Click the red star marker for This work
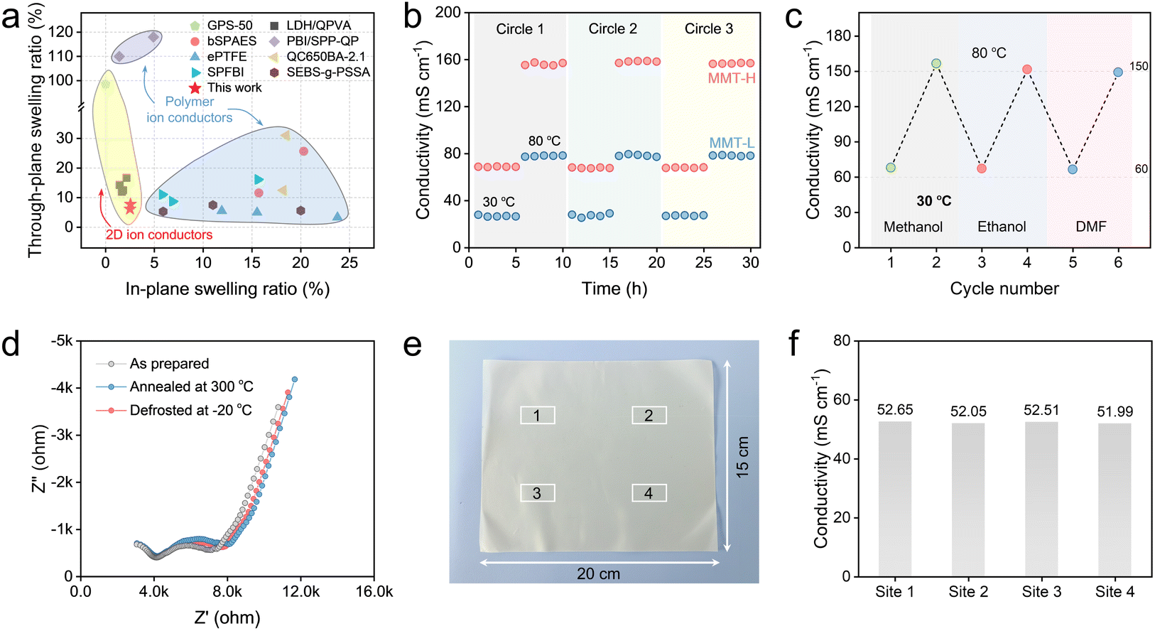(130, 207)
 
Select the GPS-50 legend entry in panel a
(229, 26)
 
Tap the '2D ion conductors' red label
(158, 234)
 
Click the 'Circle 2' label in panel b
(612, 29)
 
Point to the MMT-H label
(731, 78)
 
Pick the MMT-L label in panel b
(732, 143)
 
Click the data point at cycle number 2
(936, 63)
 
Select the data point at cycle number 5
(1073, 169)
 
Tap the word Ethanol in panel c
(1002, 227)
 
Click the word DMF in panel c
(1090, 227)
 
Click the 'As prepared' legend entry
(169, 364)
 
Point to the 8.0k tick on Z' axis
(227, 591)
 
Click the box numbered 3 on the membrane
(537, 493)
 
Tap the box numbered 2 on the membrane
(649, 415)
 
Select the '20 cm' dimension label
(598, 573)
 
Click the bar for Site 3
(1041, 498)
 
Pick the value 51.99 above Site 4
(1115, 411)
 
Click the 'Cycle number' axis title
(1004, 288)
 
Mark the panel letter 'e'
(412, 345)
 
